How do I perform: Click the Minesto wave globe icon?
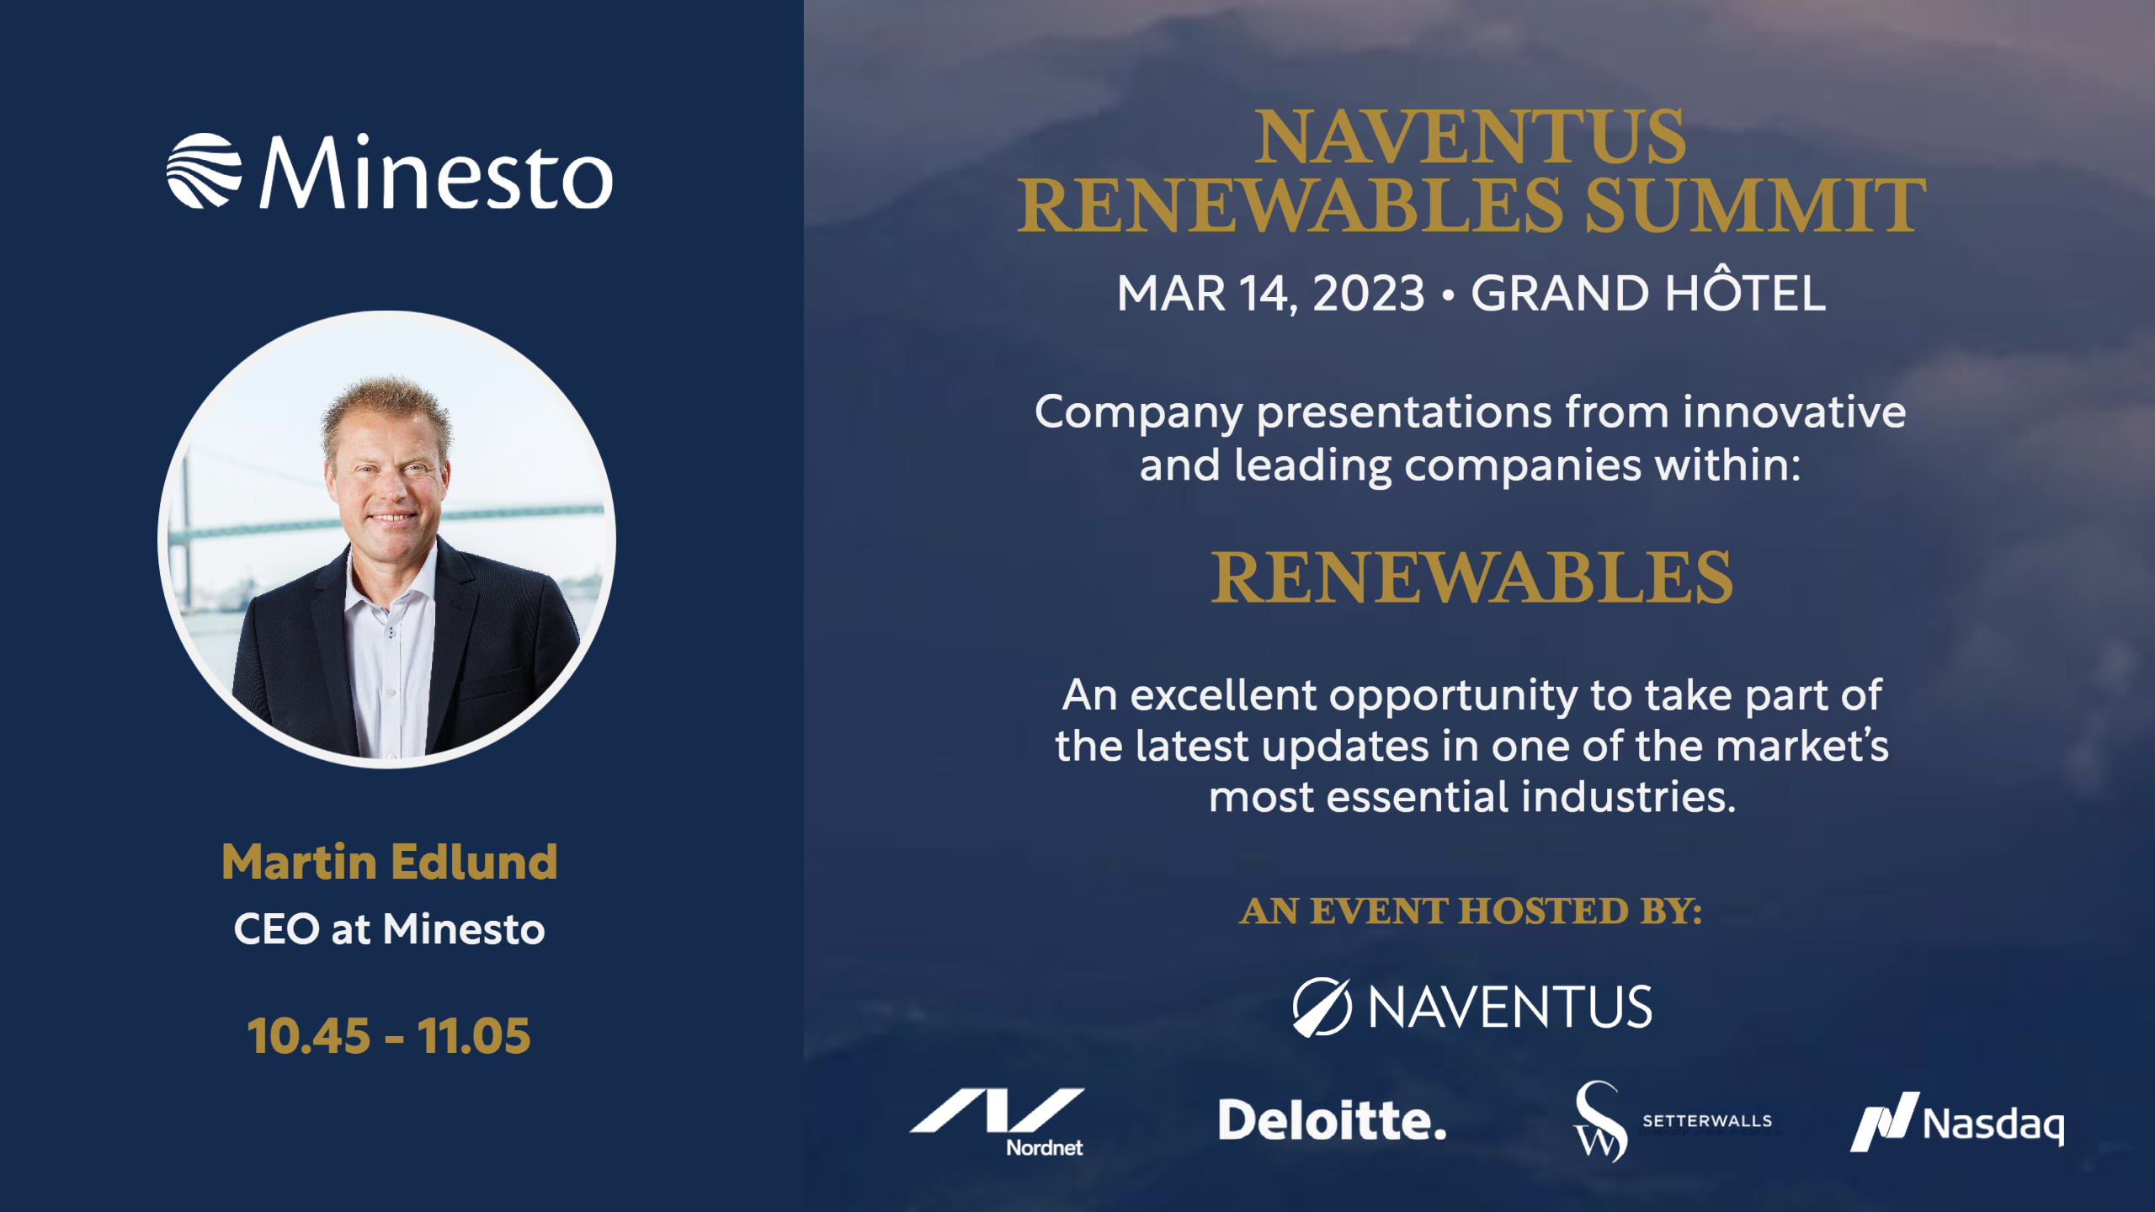[205, 171]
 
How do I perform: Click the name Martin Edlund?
[390, 862]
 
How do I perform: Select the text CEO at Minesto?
[390, 929]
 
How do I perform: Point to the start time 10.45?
[309, 1035]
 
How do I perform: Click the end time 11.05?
[474, 1035]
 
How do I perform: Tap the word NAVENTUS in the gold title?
[1471, 136]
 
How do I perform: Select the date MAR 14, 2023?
[1271, 294]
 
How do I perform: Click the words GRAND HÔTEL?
[1648, 290]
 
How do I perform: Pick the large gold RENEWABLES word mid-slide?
[1472, 577]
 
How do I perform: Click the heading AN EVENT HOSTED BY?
[1471, 911]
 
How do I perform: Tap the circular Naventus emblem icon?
[1322, 1007]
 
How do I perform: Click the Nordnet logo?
[998, 1122]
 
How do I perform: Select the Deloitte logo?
[1333, 1120]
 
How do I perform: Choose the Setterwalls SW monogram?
[1600, 1121]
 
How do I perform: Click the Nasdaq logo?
[1957, 1121]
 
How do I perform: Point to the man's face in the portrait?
[389, 480]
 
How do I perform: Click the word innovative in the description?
[1794, 412]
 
